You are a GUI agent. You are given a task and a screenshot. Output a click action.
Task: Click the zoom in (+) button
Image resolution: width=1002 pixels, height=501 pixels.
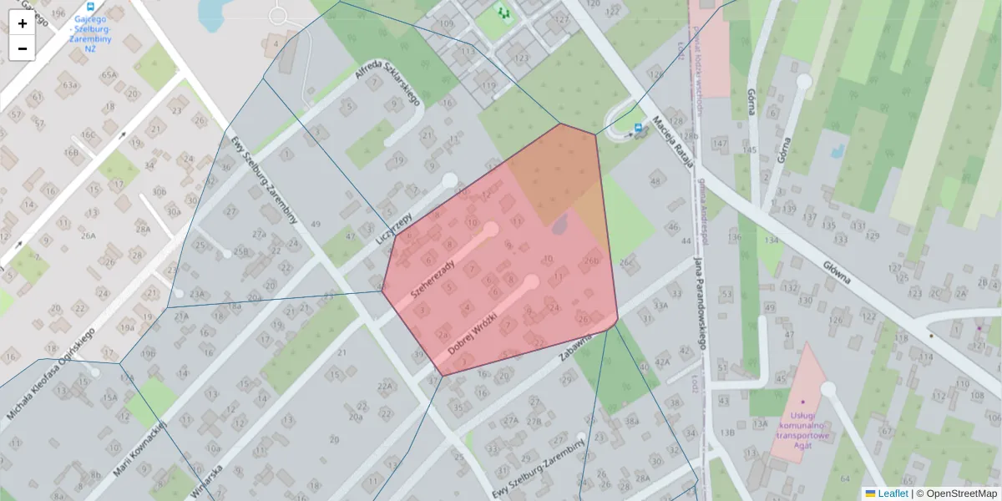(x=23, y=23)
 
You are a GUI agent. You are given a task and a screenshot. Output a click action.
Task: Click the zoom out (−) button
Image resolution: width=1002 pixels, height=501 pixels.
(x=23, y=48)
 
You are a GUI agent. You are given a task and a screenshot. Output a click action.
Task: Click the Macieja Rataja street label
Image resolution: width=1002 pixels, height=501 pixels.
(x=674, y=140)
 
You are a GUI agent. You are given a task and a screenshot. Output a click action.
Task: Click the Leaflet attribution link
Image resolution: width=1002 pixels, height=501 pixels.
(x=893, y=493)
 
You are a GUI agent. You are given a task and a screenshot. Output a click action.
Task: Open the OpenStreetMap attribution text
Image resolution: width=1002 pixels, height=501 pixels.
(x=960, y=493)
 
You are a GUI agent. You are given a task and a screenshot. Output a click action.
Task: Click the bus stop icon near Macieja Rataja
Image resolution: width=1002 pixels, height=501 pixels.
(x=639, y=128)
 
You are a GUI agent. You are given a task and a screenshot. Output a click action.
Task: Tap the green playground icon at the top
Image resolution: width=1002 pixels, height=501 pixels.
(x=503, y=13)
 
